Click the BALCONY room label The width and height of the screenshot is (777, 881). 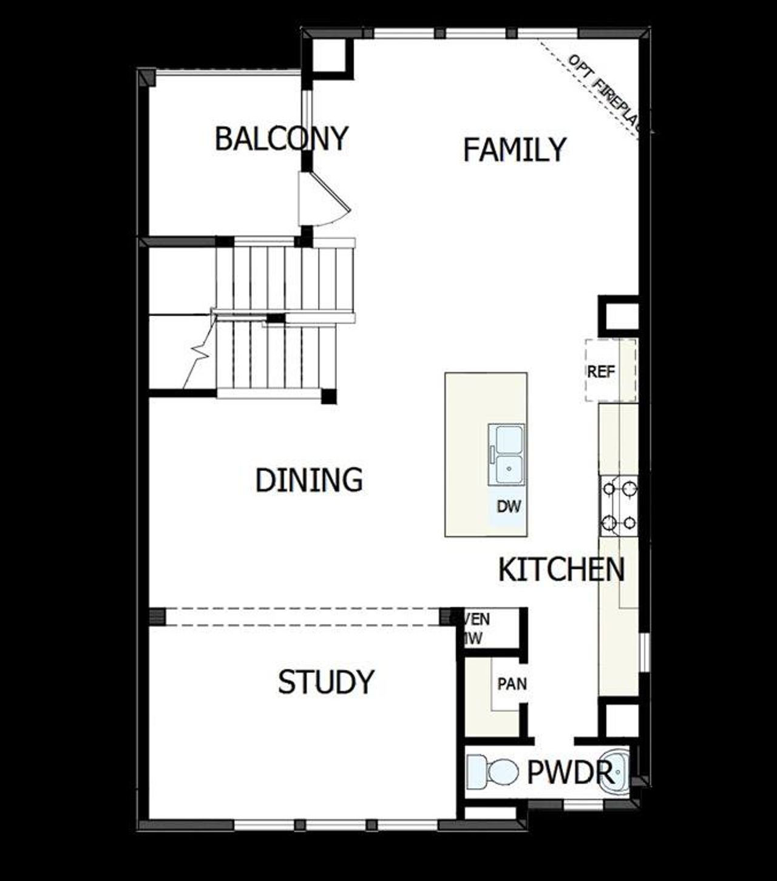point(281,138)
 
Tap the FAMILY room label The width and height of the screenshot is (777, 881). point(514,150)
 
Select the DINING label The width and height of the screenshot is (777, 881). point(309,481)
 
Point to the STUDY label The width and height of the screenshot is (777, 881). point(326,682)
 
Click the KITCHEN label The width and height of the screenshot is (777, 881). point(561,570)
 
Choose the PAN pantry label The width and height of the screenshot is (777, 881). point(512,684)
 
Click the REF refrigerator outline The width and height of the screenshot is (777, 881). point(610,370)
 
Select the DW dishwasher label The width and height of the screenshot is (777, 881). point(508,506)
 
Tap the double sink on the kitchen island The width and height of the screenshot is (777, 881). point(507,454)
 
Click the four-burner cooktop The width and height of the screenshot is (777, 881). point(619,505)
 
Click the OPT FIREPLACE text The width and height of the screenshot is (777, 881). point(604,91)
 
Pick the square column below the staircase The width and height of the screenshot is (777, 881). point(328,396)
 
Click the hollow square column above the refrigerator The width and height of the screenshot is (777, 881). point(619,316)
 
